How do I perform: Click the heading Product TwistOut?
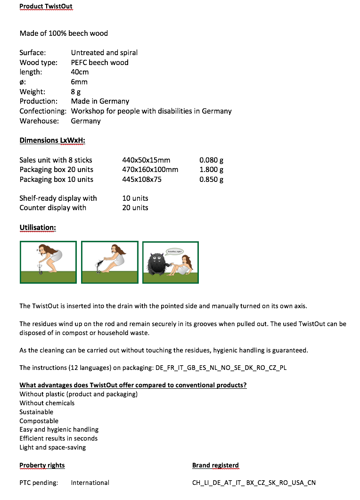click(x=46, y=7)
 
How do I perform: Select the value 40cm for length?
click(x=80, y=72)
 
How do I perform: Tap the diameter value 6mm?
click(x=79, y=82)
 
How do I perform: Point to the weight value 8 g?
click(x=76, y=92)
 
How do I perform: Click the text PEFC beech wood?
click(x=99, y=62)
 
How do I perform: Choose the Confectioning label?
click(x=43, y=111)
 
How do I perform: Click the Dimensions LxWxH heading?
click(x=52, y=140)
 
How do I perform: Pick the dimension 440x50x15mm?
click(x=146, y=160)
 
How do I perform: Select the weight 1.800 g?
click(x=211, y=170)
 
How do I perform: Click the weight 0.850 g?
click(x=211, y=180)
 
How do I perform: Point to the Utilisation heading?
click(x=38, y=228)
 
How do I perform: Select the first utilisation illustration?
click(x=48, y=262)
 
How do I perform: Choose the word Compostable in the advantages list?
click(x=39, y=421)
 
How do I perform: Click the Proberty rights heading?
click(x=42, y=466)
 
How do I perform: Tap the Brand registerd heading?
click(x=215, y=466)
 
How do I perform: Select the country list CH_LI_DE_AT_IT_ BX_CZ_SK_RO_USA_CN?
click(x=254, y=483)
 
